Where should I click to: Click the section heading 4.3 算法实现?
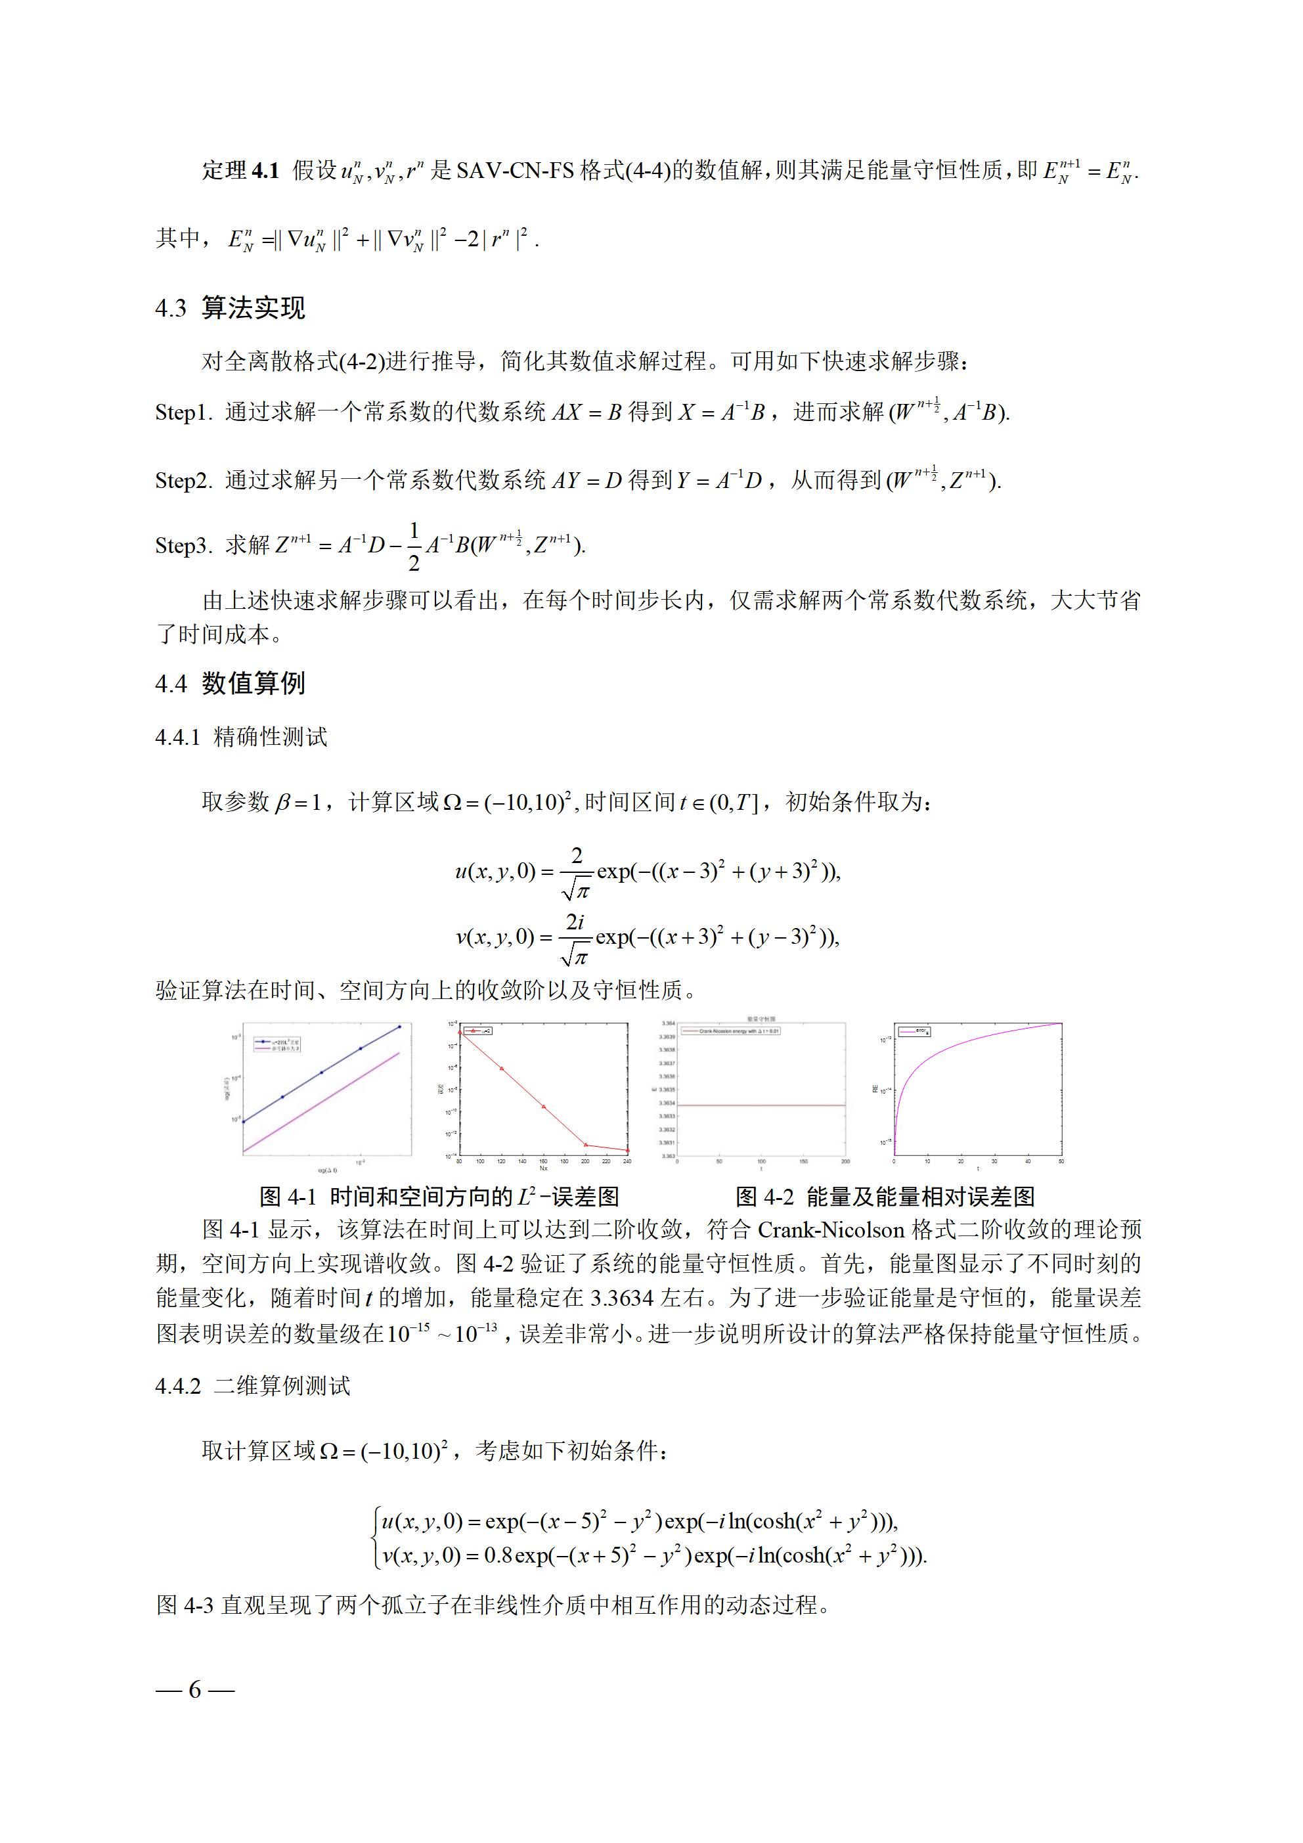click(230, 308)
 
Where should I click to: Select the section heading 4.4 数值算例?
click(230, 683)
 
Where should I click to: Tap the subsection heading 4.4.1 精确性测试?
click(241, 737)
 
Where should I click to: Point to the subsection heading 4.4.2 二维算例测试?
click(252, 1385)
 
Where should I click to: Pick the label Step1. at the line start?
click(184, 412)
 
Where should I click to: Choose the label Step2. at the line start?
click(184, 481)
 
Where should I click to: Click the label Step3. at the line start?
click(184, 546)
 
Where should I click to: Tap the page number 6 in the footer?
click(195, 1690)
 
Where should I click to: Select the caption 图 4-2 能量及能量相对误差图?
click(885, 1197)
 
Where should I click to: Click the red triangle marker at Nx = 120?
click(502, 1069)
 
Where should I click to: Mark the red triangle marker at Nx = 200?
click(586, 1145)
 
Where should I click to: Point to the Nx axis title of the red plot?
click(544, 1168)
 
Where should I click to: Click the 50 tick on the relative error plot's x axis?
click(1061, 1161)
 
